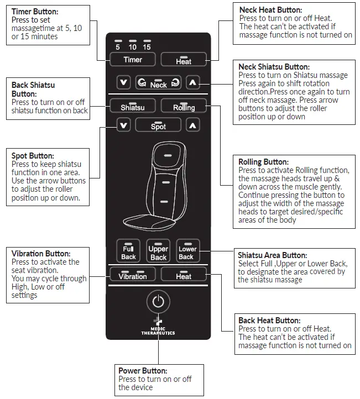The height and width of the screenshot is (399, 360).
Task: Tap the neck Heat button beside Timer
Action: (x=184, y=59)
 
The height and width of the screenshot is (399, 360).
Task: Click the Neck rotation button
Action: (x=158, y=83)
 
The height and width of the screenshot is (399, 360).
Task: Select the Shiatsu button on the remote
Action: (x=132, y=105)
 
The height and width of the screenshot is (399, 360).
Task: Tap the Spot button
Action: (x=158, y=125)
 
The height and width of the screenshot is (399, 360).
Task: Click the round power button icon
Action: (x=158, y=302)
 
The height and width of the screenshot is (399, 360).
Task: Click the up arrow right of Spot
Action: (x=192, y=125)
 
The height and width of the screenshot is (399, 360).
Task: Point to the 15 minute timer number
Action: (x=147, y=47)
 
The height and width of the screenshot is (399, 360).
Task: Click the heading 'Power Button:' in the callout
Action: (x=143, y=371)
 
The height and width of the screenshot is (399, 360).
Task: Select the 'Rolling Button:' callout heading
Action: (x=263, y=162)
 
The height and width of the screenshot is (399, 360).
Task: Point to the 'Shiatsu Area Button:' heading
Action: (x=272, y=255)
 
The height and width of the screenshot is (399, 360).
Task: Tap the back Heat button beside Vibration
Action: (x=184, y=274)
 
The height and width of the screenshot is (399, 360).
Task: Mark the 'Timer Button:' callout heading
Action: (x=34, y=11)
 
